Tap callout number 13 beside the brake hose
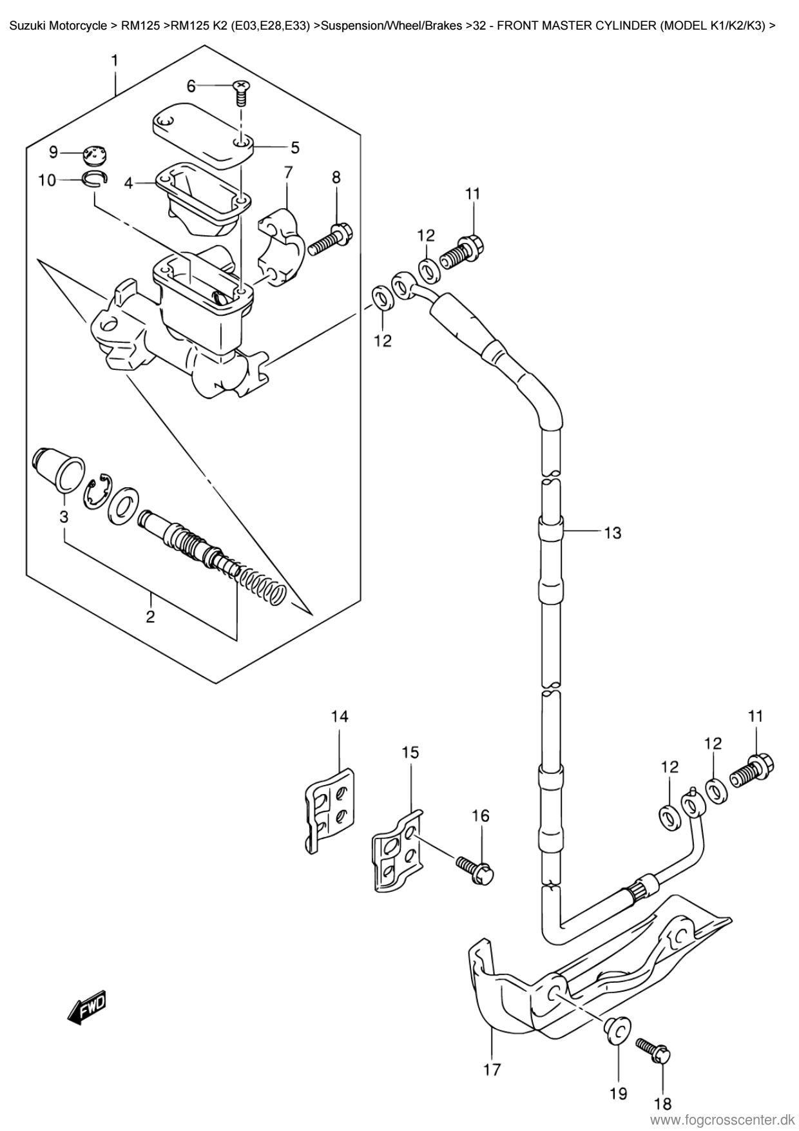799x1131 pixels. pyautogui.click(x=612, y=533)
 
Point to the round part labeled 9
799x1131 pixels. pyautogui.click(x=95, y=155)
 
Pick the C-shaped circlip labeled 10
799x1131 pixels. pyautogui.click(x=95, y=179)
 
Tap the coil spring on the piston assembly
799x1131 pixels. pyautogui.click(x=261, y=584)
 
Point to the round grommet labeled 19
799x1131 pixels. pyautogui.click(x=617, y=1030)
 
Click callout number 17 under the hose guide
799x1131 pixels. pyautogui.click(x=492, y=1070)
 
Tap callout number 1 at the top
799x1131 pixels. pyautogui.click(x=115, y=61)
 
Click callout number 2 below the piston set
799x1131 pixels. pyautogui.click(x=150, y=617)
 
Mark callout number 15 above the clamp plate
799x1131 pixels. pyautogui.click(x=410, y=752)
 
